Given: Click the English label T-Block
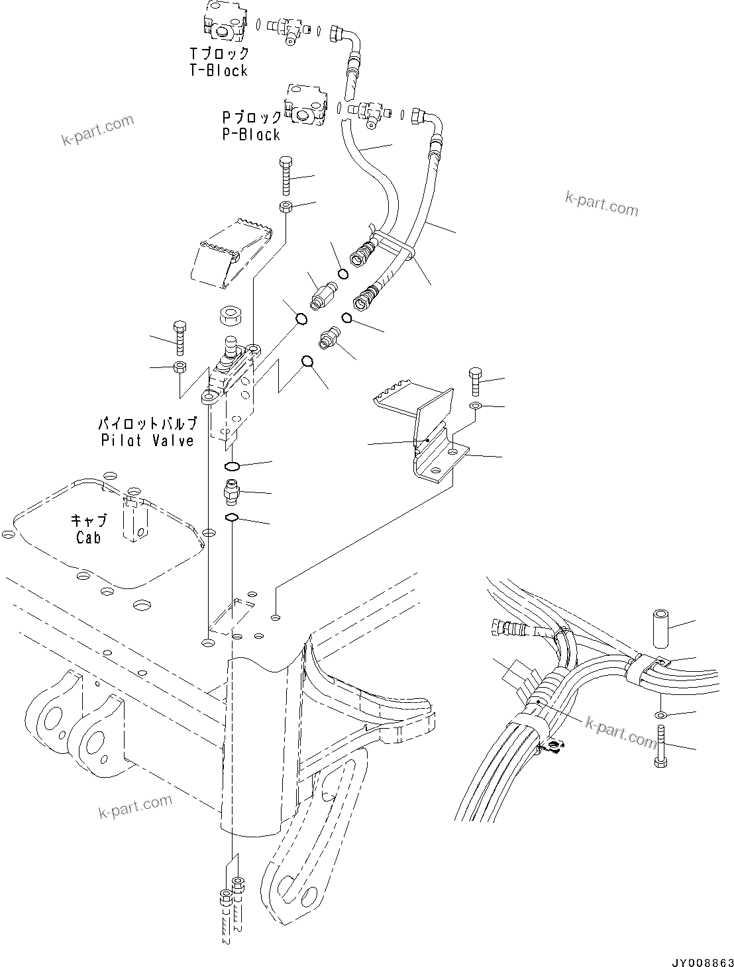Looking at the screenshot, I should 218,70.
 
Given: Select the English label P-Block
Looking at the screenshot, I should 251,134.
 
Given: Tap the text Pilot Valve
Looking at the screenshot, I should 147,440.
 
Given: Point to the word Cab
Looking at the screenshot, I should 88,537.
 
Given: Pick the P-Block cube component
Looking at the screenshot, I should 304,105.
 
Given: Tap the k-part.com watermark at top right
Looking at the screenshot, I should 602,204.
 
